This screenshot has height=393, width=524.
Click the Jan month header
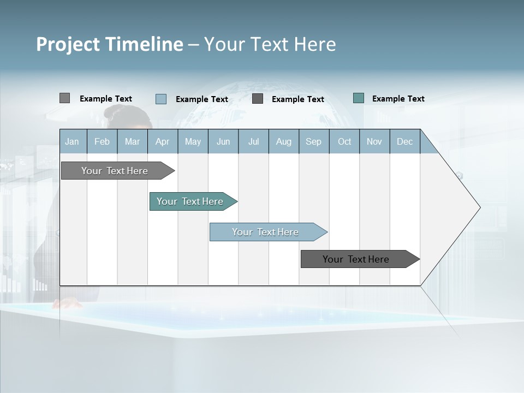(73, 141)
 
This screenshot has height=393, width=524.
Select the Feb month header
(102, 141)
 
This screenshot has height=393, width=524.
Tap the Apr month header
(163, 141)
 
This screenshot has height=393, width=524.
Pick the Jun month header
(223, 141)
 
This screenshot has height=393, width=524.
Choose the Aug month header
(284, 141)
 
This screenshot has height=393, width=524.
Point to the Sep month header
(314, 141)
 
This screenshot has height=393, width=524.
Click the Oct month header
(344, 141)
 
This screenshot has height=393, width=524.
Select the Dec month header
(405, 141)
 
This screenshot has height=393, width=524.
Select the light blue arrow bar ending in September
(266, 232)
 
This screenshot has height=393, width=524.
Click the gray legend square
(64, 98)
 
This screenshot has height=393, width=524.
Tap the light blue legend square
(161, 99)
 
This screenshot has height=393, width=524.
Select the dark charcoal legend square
(258, 99)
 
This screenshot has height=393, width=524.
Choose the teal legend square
(359, 98)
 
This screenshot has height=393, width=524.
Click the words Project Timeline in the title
(109, 44)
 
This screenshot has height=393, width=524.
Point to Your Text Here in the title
(270, 44)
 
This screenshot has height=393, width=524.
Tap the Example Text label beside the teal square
(398, 99)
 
